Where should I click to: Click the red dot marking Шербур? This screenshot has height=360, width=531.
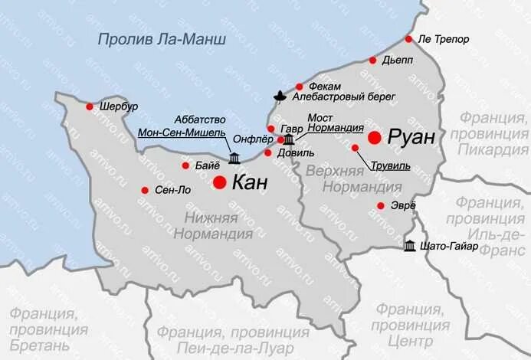[90, 106]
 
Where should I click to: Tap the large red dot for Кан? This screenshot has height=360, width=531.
[219, 182]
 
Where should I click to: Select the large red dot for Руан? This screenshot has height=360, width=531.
[375, 137]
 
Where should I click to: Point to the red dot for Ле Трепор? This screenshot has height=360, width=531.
[409, 38]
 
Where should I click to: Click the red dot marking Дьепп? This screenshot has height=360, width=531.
[372, 60]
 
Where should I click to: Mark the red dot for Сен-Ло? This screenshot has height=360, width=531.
[145, 190]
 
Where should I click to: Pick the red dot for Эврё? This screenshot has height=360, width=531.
[381, 205]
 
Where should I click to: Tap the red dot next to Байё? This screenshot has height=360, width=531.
[185, 165]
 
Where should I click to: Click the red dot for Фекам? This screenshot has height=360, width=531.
[300, 87]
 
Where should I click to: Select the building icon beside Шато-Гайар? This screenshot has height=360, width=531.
[411, 246]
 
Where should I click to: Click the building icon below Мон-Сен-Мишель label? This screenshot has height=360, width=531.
[234, 159]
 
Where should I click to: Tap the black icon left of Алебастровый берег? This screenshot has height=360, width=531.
[281, 97]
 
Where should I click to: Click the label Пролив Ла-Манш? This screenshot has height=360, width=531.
[162, 39]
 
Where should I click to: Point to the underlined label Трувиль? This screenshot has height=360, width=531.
[389, 165]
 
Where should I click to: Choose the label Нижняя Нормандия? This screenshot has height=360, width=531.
[211, 225]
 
